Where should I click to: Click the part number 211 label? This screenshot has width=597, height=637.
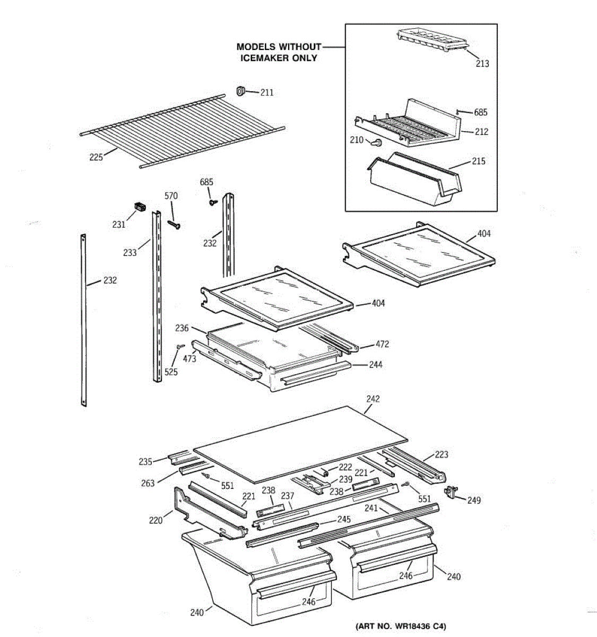coord(267,93)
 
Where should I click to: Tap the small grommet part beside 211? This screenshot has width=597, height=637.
coord(240,91)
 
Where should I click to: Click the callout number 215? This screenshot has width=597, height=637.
coord(478,161)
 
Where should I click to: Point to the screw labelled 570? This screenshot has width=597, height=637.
coord(174,224)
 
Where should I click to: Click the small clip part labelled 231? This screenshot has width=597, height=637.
coord(139,206)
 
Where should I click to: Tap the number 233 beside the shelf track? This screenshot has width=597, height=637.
coord(130,253)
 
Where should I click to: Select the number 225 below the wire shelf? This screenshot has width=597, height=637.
coord(96,157)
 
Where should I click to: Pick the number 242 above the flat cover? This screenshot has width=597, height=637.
coord(373,399)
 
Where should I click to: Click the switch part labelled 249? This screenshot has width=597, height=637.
coord(451,492)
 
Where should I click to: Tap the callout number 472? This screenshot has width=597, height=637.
coord(382,344)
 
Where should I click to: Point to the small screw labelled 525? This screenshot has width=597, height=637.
coord(180,346)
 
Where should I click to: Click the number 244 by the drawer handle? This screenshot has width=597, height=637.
coord(375,365)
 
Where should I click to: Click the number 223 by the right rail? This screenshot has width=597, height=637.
coord(442,454)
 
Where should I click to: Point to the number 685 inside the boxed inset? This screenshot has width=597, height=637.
coord(481,113)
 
